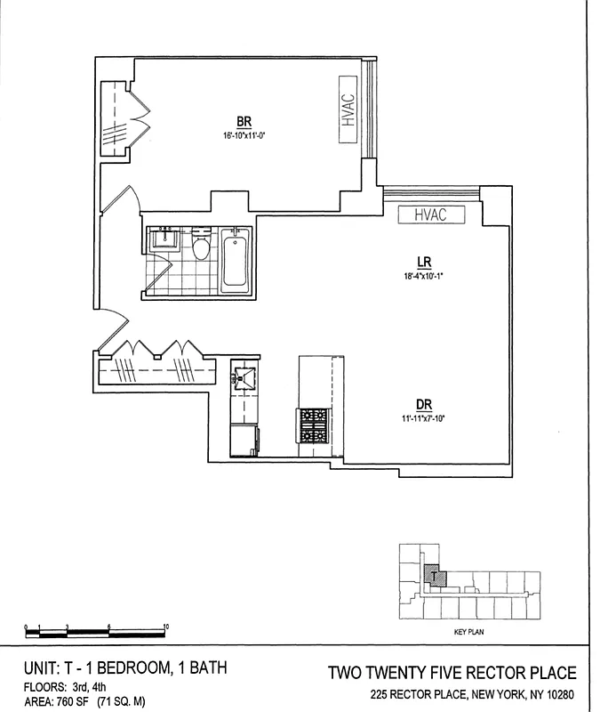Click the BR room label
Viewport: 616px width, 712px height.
241,121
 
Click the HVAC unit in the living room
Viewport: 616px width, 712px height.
429,214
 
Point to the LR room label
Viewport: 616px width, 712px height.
424,262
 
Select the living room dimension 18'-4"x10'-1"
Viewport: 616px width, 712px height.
424,276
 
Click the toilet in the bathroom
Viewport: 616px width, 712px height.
202,247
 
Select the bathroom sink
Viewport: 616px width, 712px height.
165,238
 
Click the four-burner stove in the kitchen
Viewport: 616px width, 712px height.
312,425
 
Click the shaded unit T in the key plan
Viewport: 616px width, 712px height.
433,577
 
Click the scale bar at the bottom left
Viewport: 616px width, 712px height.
97,632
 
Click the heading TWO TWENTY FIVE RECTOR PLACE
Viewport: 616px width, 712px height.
452,673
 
